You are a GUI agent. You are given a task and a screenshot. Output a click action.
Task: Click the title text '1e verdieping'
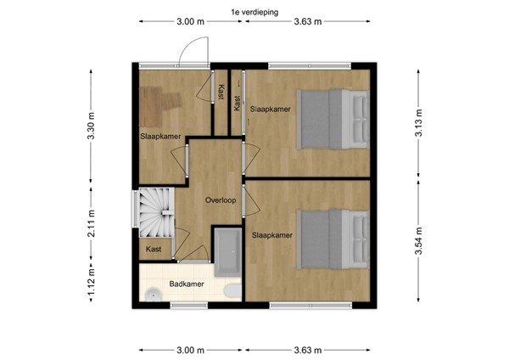(x=255, y=11)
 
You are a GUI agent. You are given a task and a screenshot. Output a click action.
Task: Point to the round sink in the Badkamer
(x=153, y=295)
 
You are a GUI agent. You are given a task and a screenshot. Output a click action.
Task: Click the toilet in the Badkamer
(x=229, y=292)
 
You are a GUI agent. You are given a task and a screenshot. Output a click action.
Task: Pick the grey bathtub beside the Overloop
(x=226, y=251)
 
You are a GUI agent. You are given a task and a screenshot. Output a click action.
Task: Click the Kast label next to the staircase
(x=154, y=249)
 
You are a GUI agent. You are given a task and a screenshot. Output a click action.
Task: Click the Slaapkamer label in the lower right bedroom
(x=271, y=234)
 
